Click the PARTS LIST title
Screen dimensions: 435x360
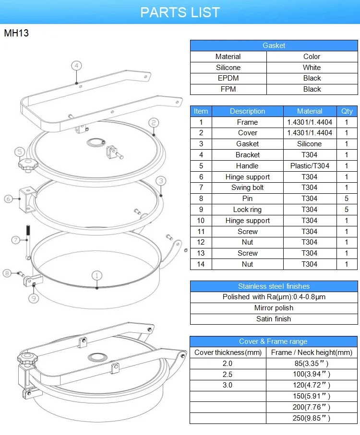click(x=180, y=12)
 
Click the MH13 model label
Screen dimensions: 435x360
click(x=16, y=34)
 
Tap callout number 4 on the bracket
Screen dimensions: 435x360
click(x=76, y=65)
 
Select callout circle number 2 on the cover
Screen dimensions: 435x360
click(x=154, y=123)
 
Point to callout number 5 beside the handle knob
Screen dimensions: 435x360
click(x=20, y=152)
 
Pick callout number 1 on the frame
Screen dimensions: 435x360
click(x=97, y=275)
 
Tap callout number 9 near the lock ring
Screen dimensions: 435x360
click(x=33, y=298)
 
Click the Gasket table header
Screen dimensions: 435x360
click(x=274, y=46)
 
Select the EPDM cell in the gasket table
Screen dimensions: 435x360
click(x=228, y=78)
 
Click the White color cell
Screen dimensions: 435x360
click(x=312, y=68)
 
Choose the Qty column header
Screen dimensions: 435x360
click(x=347, y=111)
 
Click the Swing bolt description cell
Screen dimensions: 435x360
click(x=247, y=188)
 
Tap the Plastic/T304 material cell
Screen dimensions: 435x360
click(x=310, y=165)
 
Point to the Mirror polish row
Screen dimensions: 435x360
click(x=274, y=308)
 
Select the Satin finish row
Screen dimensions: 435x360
click(x=274, y=319)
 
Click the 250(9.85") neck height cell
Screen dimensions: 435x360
click(x=312, y=418)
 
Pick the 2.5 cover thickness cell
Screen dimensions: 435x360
click(x=228, y=374)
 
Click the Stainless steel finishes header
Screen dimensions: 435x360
click(x=274, y=286)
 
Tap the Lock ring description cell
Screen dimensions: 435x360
click(x=247, y=210)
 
